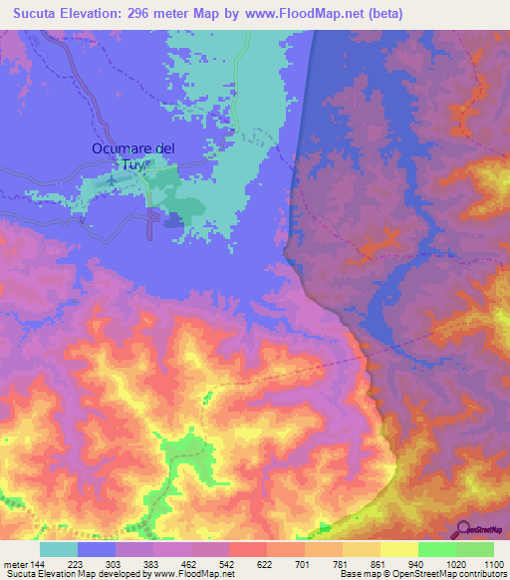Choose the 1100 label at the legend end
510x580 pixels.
click(492, 564)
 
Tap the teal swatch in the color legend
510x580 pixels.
click(59, 549)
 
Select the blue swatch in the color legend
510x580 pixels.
click(97, 549)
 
